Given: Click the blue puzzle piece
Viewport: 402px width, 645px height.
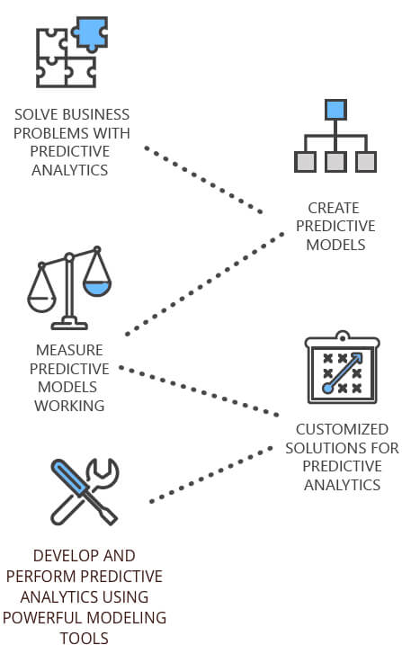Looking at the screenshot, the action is pos(91,32).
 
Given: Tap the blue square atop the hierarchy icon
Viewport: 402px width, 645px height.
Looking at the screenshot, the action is pos(335,110).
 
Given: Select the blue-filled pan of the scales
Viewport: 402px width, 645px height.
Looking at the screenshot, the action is pos(97,289).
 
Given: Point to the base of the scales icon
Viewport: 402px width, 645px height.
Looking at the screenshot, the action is pos(69,324).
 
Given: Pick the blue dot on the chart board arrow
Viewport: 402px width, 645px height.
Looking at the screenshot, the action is pos(327,388).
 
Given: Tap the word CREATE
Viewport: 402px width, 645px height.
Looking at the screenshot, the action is pos(334,208).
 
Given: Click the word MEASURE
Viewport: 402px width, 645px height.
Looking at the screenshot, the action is pos(69,350).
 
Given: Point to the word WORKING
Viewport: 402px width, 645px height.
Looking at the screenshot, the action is pos(69,406).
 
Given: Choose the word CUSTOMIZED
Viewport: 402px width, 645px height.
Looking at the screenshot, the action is pos(342,429).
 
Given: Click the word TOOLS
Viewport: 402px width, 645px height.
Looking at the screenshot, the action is pos(85,638).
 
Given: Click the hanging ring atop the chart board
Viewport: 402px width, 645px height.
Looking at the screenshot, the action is pos(343,336).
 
